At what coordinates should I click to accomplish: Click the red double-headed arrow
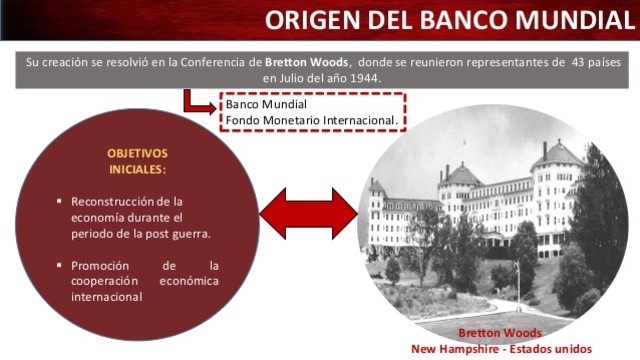click(x=309, y=213)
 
